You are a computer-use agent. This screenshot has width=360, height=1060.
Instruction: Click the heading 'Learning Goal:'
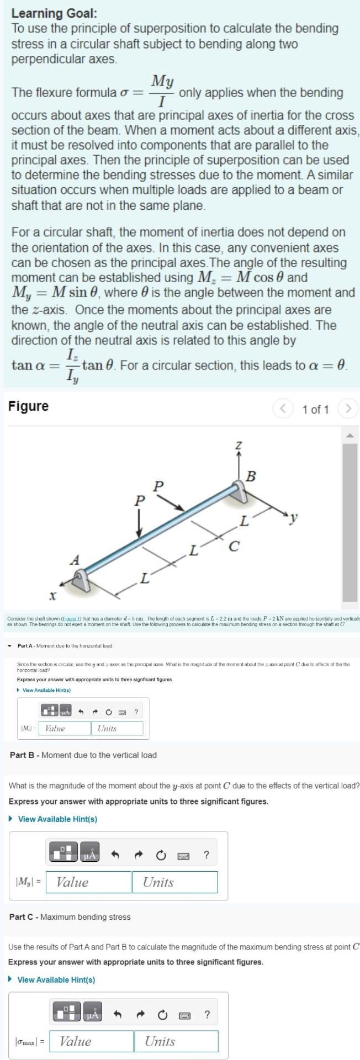pyautogui.click(x=46, y=13)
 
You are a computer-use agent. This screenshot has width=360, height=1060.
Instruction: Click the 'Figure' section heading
pyautogui.click(x=29, y=406)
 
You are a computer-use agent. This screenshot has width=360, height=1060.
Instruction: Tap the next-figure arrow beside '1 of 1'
pyautogui.click(x=348, y=409)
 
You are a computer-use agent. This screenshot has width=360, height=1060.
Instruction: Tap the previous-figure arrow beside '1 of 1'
pyautogui.click(x=283, y=409)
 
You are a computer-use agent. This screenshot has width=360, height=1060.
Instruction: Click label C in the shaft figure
pyautogui.click(x=234, y=547)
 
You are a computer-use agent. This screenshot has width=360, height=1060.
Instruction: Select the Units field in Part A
pyautogui.click(x=117, y=728)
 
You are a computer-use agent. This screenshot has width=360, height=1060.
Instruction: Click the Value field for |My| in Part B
pyautogui.click(x=88, y=882)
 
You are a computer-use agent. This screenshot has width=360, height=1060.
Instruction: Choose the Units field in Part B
pyautogui.click(x=174, y=882)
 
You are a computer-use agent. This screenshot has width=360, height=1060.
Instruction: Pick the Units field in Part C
pyautogui.click(x=176, y=1041)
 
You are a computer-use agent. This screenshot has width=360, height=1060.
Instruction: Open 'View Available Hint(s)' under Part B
pyautogui.click(x=57, y=819)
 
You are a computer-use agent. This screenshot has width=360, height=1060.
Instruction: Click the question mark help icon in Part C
pyautogui.click(x=207, y=1014)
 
